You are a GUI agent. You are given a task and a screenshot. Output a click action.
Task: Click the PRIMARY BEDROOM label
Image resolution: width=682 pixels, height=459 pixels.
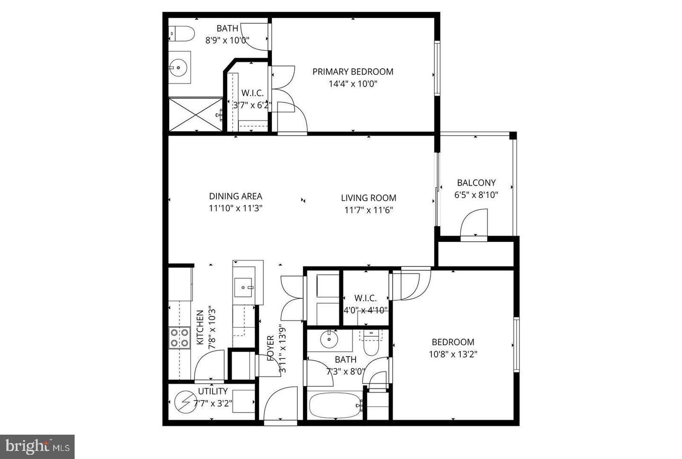pos(353,72)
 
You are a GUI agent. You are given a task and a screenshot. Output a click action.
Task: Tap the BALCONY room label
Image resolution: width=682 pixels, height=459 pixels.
pos(476,183)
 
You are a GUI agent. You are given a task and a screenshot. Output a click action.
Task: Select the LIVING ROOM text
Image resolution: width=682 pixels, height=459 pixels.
pos(368,198)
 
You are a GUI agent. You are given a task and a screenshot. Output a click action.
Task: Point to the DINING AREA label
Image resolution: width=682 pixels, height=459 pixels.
pos(235,196)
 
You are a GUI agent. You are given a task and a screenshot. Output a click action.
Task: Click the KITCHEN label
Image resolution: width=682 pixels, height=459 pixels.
pos(200,328)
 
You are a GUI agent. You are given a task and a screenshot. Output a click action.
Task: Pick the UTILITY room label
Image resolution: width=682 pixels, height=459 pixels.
pos(213,392)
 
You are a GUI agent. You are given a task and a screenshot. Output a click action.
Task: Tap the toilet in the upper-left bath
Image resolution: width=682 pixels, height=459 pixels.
pos(183,33)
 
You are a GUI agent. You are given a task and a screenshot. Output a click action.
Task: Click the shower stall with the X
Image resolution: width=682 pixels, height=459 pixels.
pos(195,114)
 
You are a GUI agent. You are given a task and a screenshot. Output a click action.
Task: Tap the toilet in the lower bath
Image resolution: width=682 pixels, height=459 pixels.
pos(371,348)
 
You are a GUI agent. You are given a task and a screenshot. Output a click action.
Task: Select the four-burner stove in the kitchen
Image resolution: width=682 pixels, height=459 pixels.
pos(179,338)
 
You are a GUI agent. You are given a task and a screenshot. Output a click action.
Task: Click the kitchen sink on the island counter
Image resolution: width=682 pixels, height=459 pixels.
pos(245,287)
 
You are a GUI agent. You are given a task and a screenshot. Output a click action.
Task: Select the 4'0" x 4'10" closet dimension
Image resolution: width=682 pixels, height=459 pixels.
pos(366,310)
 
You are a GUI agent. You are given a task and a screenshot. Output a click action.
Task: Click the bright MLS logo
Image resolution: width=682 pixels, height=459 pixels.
pos(37,446)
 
